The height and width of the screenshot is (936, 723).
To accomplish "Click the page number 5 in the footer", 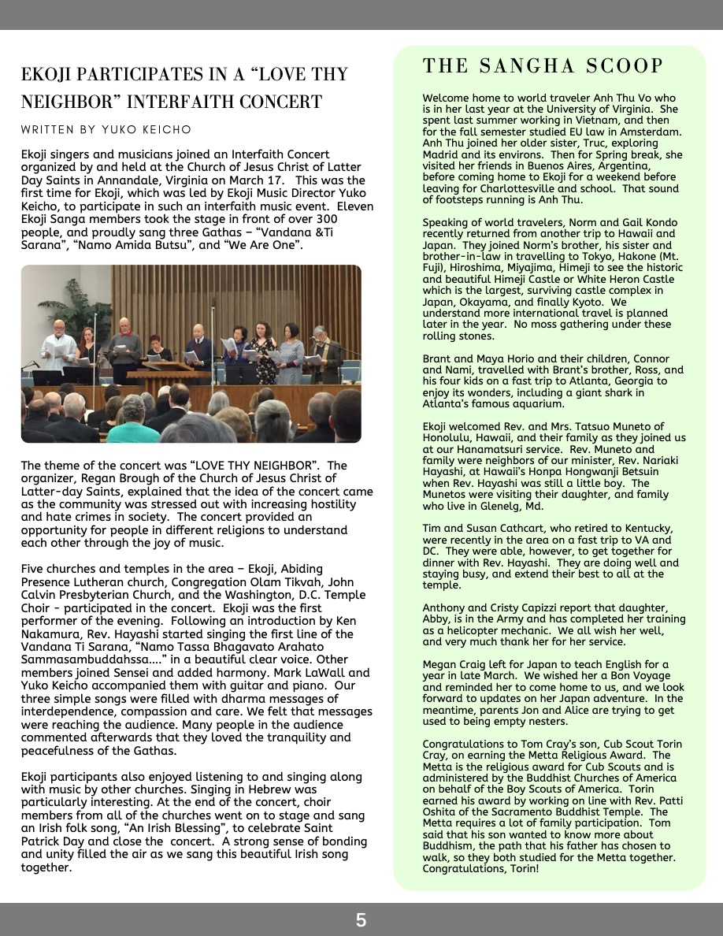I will (361, 919).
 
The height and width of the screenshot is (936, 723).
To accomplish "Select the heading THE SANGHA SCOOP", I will (543, 66).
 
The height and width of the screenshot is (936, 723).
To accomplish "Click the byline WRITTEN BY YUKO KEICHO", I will (106, 129).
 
